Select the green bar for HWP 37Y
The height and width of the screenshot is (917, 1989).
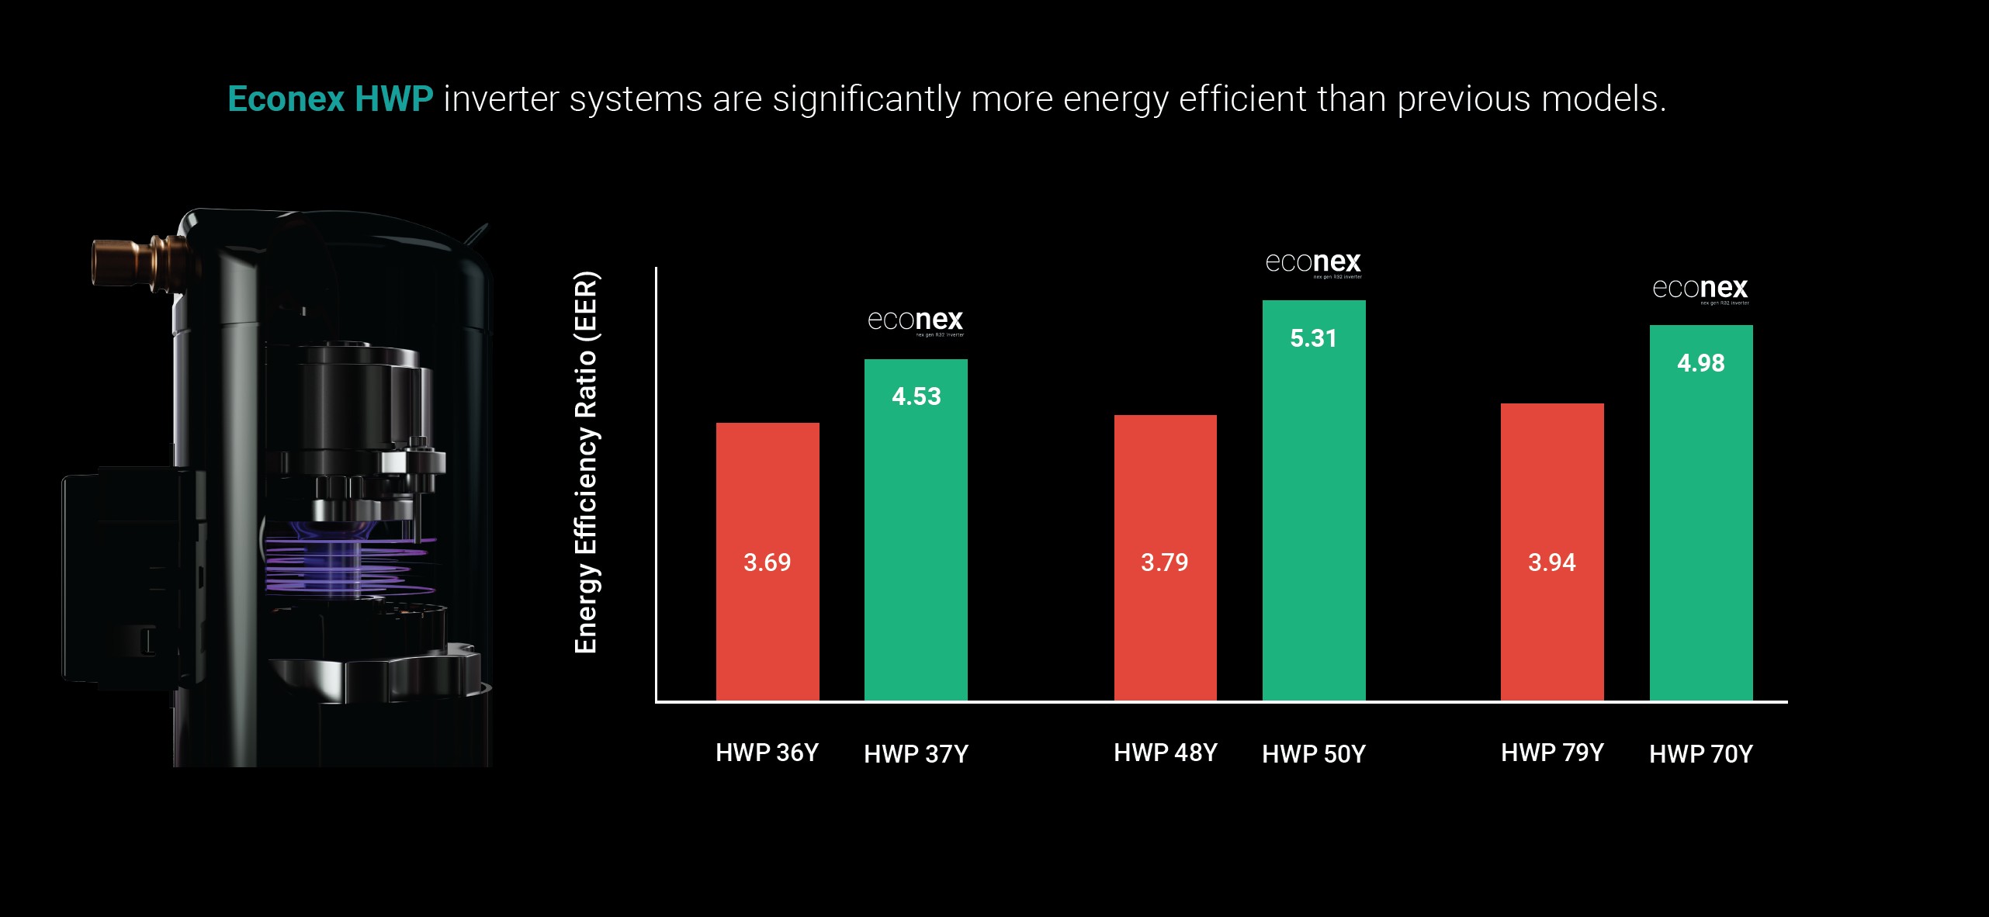[916, 543]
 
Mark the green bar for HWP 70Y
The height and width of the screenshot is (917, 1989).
[1700, 528]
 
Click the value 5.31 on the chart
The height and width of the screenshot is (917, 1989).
[1313, 338]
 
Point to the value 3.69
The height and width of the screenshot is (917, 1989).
[767, 562]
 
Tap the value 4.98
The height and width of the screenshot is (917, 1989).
[1700, 363]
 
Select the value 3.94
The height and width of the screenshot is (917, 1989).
[1551, 562]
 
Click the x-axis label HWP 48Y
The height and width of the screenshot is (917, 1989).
[1165, 753]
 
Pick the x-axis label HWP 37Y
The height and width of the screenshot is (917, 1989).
[916, 754]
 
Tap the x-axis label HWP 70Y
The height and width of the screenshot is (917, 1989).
[1700, 754]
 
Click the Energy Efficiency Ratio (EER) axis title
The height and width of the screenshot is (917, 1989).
[586, 462]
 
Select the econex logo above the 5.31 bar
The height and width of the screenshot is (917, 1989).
[1313, 264]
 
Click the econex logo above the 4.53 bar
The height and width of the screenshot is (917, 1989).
[916, 321]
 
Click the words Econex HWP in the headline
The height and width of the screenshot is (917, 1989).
[330, 99]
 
